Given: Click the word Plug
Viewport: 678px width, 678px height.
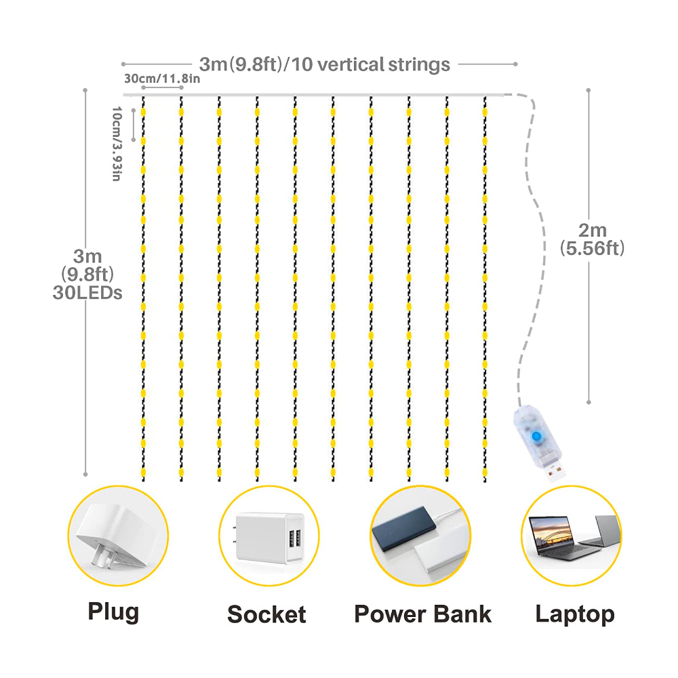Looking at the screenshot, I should click(x=113, y=612).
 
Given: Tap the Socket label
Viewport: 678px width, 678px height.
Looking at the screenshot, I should click(x=266, y=614).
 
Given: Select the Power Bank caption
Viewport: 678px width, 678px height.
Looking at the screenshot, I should click(x=422, y=614).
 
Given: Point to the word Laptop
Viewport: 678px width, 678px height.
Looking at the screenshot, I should click(x=575, y=614).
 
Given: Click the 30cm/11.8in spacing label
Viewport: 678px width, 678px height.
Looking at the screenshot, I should click(x=162, y=79).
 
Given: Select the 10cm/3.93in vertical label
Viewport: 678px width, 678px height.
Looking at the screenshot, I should click(x=116, y=144).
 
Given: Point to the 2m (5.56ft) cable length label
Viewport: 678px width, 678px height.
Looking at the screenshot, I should click(x=592, y=239).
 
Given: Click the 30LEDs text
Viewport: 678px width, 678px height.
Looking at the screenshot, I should click(x=87, y=294).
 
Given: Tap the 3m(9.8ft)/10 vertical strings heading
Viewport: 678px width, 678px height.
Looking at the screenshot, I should click(x=324, y=64).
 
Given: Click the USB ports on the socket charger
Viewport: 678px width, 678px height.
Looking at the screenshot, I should click(x=294, y=542).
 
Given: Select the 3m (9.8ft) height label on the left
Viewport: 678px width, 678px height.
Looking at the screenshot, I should click(x=87, y=265).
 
